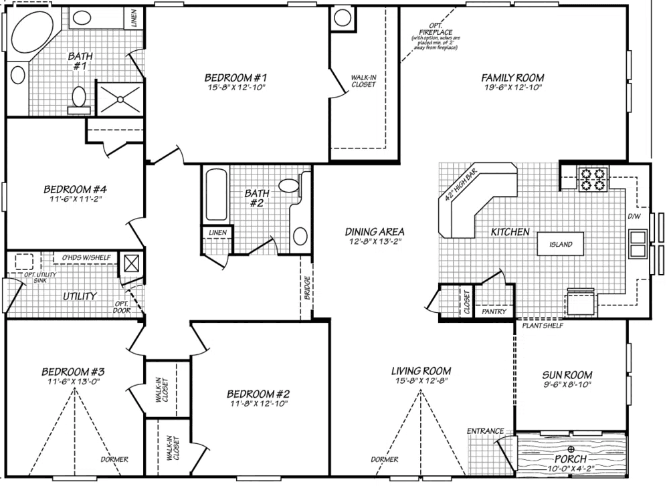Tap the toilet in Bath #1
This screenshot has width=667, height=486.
click(x=78, y=98)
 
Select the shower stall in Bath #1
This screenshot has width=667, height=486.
click(x=120, y=99)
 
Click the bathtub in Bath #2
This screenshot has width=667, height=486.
click(x=216, y=195)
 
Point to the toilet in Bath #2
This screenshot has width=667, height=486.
click(x=290, y=187)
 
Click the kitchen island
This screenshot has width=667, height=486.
click(x=560, y=245)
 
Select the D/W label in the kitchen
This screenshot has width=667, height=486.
click(x=634, y=217)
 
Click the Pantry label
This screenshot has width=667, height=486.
click(x=494, y=312)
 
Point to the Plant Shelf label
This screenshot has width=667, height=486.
click(x=543, y=326)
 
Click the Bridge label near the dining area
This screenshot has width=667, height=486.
click(x=307, y=288)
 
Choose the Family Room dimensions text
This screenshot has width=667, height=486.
click(x=512, y=88)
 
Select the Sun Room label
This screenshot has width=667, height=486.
click(x=569, y=375)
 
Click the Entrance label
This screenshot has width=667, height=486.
click(x=485, y=431)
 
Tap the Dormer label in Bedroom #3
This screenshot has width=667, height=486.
click(x=114, y=459)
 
